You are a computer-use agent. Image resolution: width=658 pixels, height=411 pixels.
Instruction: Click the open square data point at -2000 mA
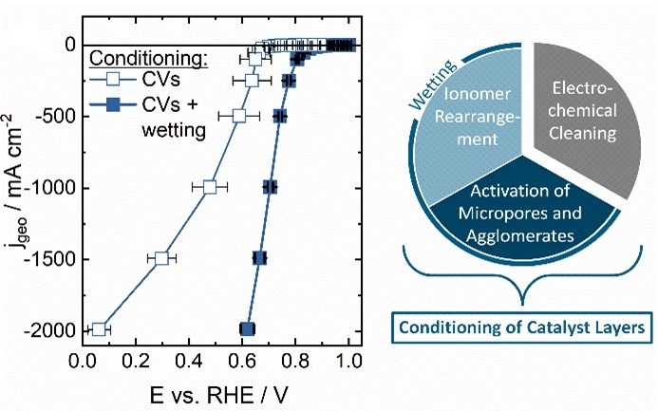(x=99, y=329)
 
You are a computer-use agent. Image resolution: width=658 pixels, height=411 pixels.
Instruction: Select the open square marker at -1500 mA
(x=161, y=258)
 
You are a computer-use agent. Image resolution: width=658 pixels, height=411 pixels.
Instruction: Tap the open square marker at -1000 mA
(x=210, y=187)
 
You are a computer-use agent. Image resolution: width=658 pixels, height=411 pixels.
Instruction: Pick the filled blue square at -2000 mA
(x=247, y=329)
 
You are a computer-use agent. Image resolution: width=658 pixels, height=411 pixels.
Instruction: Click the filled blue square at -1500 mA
(x=259, y=258)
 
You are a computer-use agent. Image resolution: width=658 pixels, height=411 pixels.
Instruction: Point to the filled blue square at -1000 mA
(x=270, y=187)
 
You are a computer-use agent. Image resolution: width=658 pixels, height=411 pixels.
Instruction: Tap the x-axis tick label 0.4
(x=191, y=362)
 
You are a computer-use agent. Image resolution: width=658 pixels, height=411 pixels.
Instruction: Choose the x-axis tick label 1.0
(x=350, y=362)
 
